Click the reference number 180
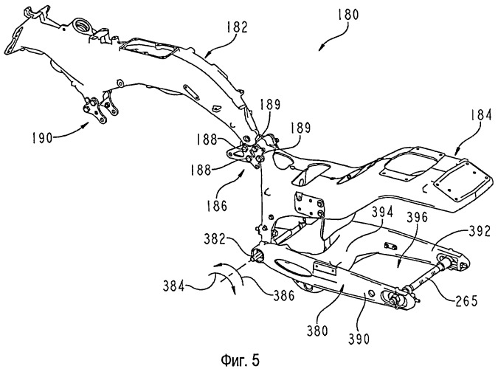(x=347, y=15)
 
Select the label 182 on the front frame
(x=237, y=27)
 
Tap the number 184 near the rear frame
(x=481, y=115)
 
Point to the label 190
(x=41, y=137)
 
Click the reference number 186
(x=217, y=206)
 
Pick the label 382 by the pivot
(x=215, y=239)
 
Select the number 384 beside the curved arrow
(x=173, y=286)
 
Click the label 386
(x=284, y=296)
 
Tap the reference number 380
(x=317, y=331)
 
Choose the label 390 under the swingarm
(x=359, y=339)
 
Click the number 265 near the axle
(x=466, y=300)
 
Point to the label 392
(x=480, y=232)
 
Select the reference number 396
(x=418, y=218)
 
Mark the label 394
(x=383, y=212)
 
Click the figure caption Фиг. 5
(x=240, y=360)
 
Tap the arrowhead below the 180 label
(x=321, y=47)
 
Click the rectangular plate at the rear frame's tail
(x=463, y=181)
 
